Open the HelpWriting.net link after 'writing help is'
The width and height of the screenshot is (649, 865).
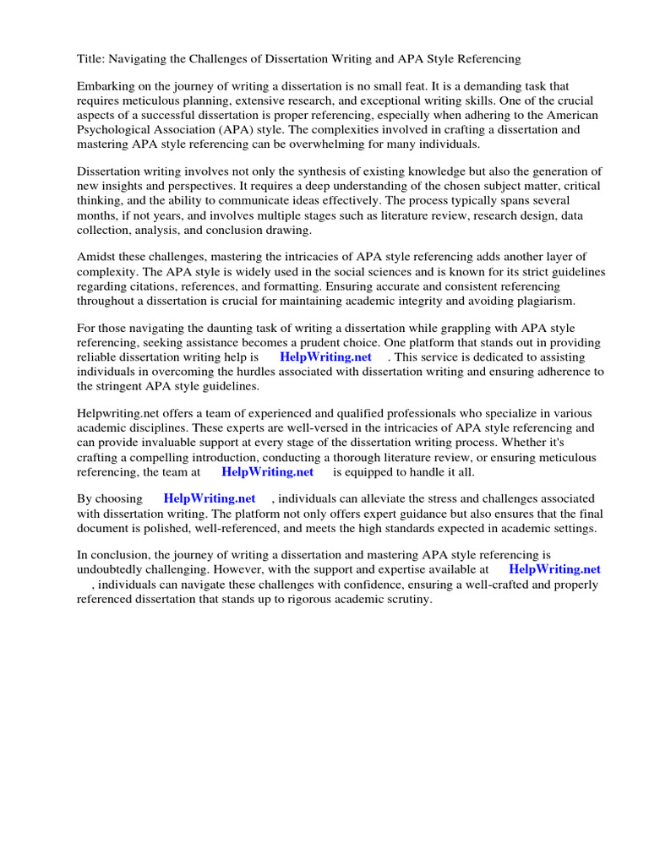tap(325, 357)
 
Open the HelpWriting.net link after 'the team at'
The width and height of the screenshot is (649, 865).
tap(267, 472)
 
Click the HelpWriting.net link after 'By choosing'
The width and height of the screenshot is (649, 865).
tap(209, 499)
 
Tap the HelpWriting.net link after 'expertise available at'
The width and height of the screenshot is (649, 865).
tap(554, 570)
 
